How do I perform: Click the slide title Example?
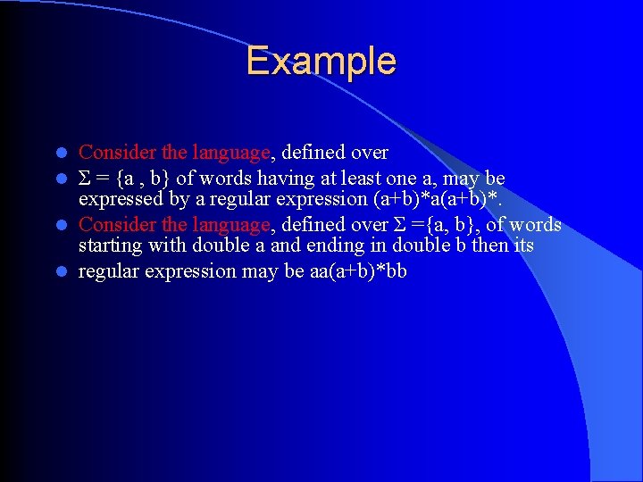point(321,62)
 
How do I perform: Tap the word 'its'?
point(522,245)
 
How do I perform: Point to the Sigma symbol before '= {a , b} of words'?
point(86,178)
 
